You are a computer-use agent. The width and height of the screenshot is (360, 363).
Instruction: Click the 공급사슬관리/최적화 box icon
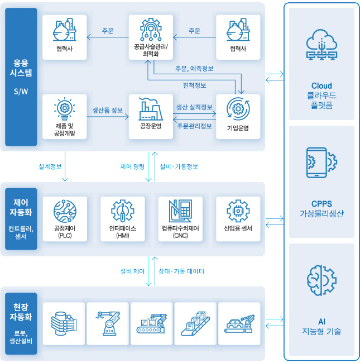(151, 30)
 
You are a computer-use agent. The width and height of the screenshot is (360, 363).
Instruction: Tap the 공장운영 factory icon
(151, 109)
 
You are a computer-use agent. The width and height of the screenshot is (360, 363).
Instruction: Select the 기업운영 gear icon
(238, 109)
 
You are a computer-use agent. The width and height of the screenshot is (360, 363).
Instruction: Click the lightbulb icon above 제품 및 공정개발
(65, 108)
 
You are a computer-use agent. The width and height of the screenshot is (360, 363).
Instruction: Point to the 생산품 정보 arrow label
(108, 110)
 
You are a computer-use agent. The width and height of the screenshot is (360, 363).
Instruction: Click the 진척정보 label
(194, 85)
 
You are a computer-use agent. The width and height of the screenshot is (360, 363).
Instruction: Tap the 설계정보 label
(50, 166)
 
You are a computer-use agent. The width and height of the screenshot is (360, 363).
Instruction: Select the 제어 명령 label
(132, 166)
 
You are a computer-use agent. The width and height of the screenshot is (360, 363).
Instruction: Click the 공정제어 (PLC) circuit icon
(65, 211)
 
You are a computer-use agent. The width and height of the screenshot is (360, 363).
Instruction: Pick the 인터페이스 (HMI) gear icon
(123, 211)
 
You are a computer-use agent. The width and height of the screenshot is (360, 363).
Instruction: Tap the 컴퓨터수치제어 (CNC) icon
(180, 211)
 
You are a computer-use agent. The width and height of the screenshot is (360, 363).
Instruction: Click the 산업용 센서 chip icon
(238, 211)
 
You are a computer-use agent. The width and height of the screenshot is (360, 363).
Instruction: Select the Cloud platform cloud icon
(321, 45)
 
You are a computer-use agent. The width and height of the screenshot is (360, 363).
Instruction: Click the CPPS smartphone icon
(321, 163)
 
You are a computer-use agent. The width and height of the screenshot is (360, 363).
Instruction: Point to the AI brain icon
(321, 280)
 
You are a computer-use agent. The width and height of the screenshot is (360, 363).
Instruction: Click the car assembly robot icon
(239, 323)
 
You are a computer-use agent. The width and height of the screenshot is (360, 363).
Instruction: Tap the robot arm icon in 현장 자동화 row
(108, 323)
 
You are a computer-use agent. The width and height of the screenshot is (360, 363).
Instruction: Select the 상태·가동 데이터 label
(181, 271)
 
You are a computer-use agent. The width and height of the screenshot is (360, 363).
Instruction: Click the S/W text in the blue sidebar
(21, 92)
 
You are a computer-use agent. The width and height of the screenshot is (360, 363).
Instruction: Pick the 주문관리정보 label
(194, 126)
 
